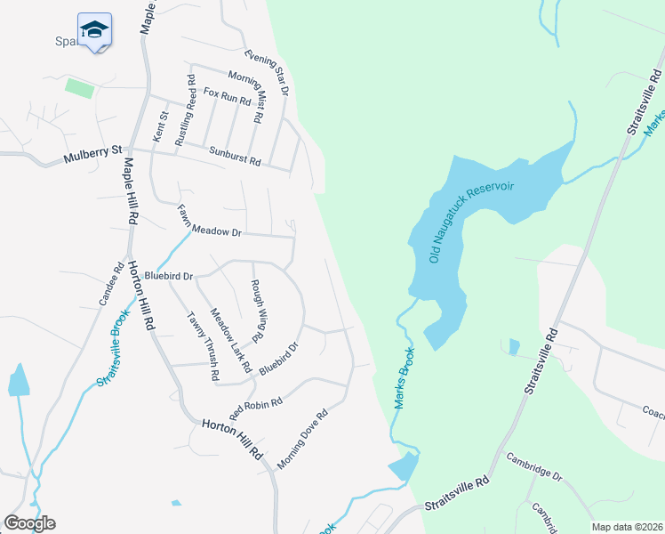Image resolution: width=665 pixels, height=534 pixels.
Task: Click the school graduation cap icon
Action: tap(94, 29)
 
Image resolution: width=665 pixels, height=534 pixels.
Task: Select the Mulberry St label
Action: tap(92, 156)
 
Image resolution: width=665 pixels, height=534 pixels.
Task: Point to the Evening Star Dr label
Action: tap(268, 72)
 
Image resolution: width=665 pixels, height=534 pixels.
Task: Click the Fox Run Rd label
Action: tap(227, 96)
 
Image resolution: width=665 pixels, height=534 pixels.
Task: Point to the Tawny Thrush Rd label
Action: tap(202, 346)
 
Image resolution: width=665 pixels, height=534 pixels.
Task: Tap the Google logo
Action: tap(29, 523)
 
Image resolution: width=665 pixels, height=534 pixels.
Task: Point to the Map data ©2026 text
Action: tap(627, 527)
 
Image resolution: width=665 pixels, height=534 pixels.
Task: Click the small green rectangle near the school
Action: tap(80, 88)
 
